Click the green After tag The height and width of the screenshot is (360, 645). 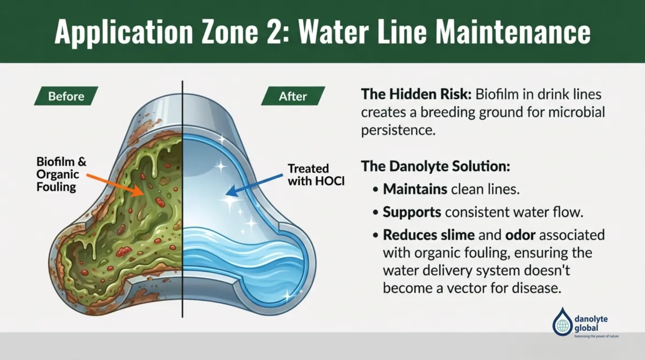coord(293,97)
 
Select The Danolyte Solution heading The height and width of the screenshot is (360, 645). coord(435,165)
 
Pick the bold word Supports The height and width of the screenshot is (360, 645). coord(412,212)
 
